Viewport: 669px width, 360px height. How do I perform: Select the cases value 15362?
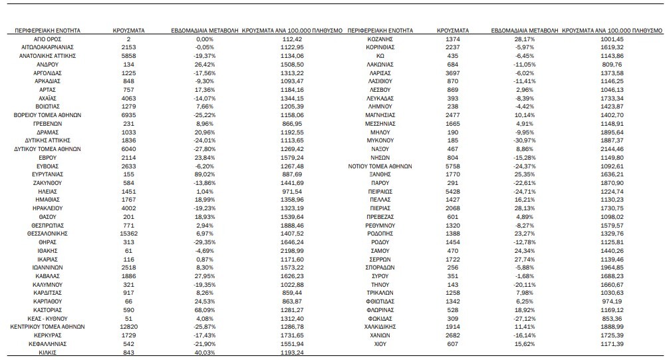[x=128, y=234]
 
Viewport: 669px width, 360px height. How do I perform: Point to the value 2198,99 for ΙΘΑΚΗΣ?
[x=292, y=251]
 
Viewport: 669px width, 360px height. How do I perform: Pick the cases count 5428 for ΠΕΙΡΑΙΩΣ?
[x=452, y=191]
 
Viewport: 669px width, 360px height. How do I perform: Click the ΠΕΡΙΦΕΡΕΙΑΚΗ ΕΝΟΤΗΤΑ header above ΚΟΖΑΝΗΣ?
[x=380, y=31]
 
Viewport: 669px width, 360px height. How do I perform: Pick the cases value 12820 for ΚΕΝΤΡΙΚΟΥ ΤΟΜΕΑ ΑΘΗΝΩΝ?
[x=128, y=327]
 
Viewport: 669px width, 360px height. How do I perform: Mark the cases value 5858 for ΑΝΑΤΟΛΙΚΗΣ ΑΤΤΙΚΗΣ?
[x=128, y=57]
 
